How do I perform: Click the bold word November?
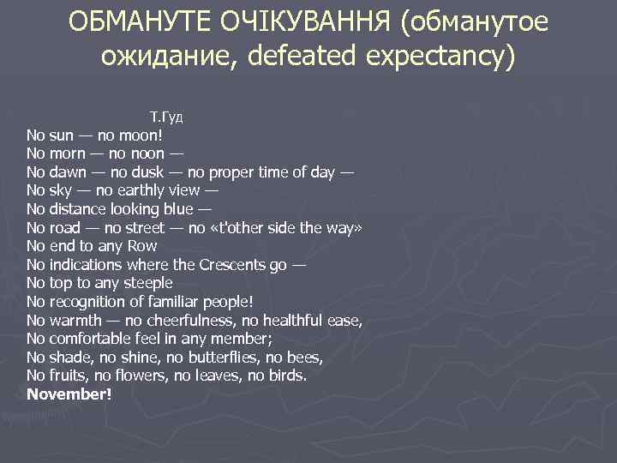coord(69,394)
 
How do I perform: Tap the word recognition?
coord(91,302)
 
